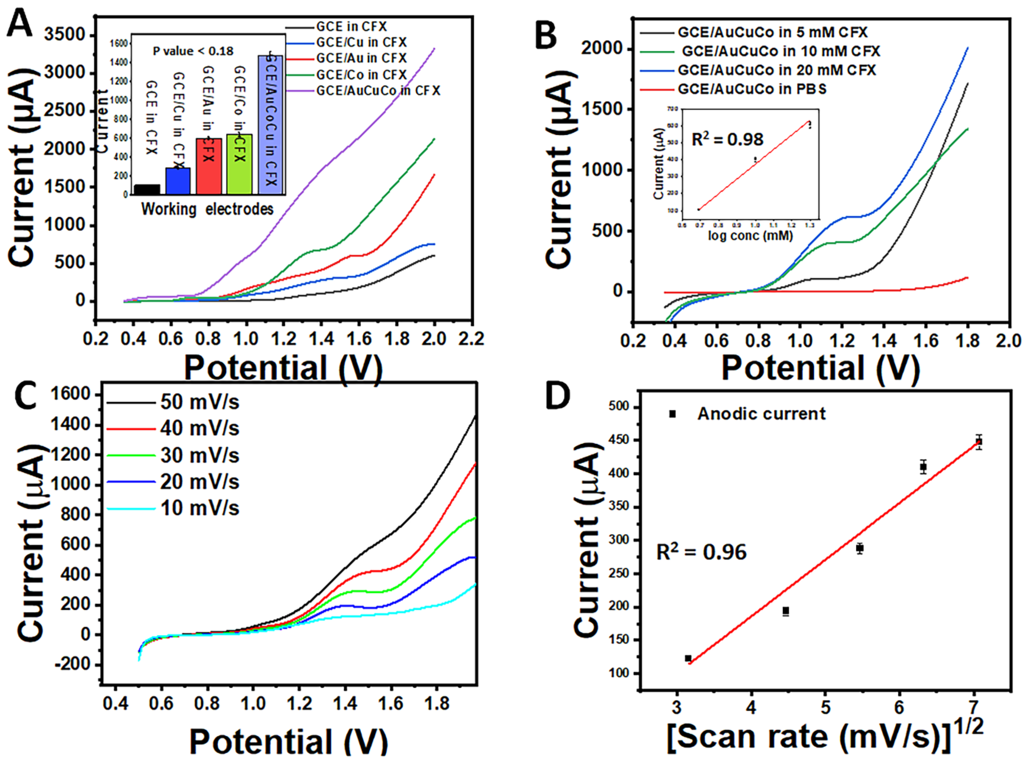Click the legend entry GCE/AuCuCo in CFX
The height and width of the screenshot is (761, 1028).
(378, 90)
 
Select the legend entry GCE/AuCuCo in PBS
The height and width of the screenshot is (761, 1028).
(752, 89)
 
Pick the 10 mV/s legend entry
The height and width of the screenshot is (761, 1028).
(200, 508)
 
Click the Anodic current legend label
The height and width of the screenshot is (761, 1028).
(761, 414)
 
